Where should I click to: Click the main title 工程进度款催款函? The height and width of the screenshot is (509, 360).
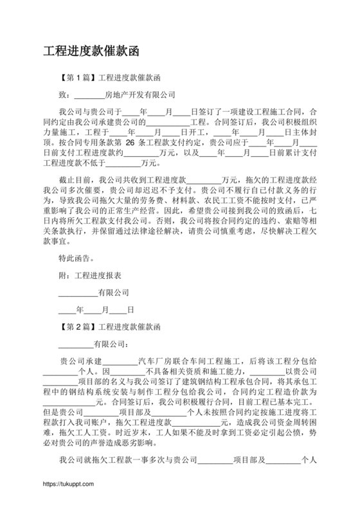pyautogui.click(x=90, y=50)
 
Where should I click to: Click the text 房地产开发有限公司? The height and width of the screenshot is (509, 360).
pyautogui.click(x=140, y=94)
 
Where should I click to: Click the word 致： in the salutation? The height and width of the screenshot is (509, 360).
pyautogui.click(x=65, y=94)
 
